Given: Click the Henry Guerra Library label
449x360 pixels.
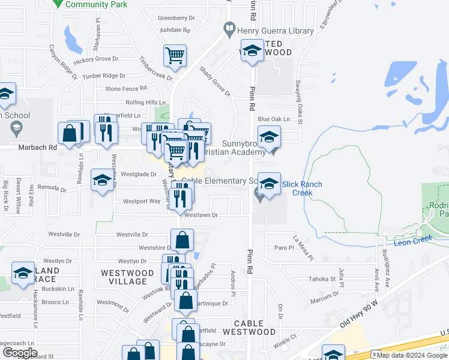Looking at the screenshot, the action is pos(276,31).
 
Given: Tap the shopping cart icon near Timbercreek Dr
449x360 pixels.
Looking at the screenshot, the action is pos(175,56).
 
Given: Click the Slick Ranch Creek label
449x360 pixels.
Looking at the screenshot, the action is pos(302,188).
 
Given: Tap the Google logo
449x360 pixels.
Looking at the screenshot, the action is pos(20,352).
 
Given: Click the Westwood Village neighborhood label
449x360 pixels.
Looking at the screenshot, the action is pos(124,277).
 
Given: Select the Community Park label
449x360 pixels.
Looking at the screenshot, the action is pos(96,4).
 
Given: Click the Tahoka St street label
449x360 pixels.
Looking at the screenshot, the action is pos(322,279).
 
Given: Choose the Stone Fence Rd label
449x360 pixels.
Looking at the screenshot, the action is pos(122,89).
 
